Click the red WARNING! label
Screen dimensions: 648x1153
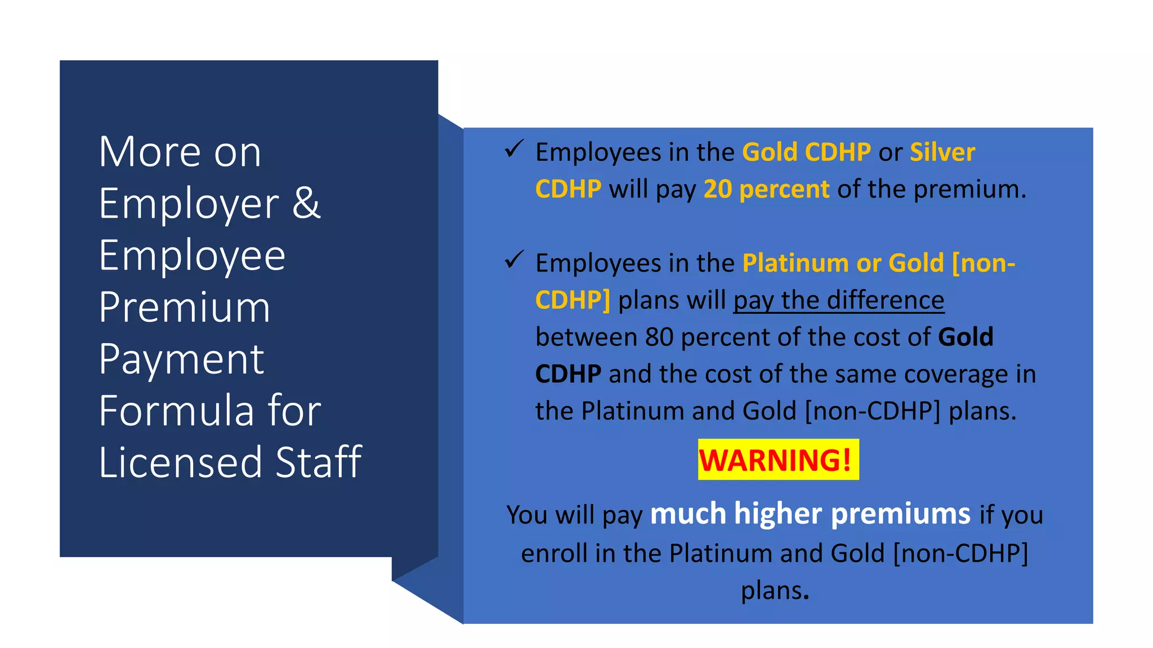pos(778,460)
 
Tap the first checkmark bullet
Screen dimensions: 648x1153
pos(514,149)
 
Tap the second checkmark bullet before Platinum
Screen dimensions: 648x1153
pos(514,260)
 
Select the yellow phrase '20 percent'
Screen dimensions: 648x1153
pos(766,189)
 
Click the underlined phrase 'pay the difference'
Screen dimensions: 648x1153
pos(838,300)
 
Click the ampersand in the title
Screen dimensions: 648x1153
pos(306,203)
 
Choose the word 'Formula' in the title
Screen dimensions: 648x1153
pos(176,410)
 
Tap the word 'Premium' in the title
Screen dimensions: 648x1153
pos(185,307)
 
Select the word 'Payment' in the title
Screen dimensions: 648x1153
pos(181,359)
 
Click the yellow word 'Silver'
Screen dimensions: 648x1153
pos(942,152)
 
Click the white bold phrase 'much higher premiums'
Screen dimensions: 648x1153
pos(810,514)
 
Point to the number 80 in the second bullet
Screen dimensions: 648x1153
pos(659,337)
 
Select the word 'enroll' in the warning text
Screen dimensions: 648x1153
pos(554,553)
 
